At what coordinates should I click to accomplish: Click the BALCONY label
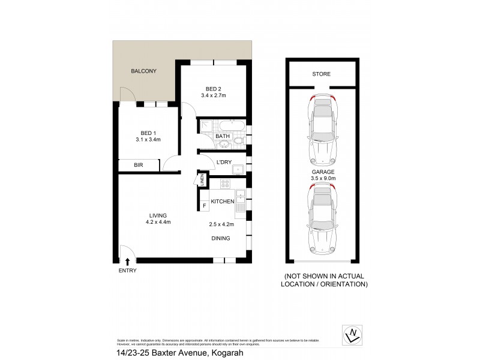pos(143,71)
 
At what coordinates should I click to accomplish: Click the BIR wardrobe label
pos(138,165)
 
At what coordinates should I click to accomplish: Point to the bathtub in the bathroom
pos(231,126)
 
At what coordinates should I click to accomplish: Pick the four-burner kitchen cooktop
pos(226,183)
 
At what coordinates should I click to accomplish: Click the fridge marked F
pos(204,206)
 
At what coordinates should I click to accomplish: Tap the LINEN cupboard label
pos(203,179)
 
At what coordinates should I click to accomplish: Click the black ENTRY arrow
pos(128,261)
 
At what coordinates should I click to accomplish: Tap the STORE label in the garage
pos(321,74)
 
